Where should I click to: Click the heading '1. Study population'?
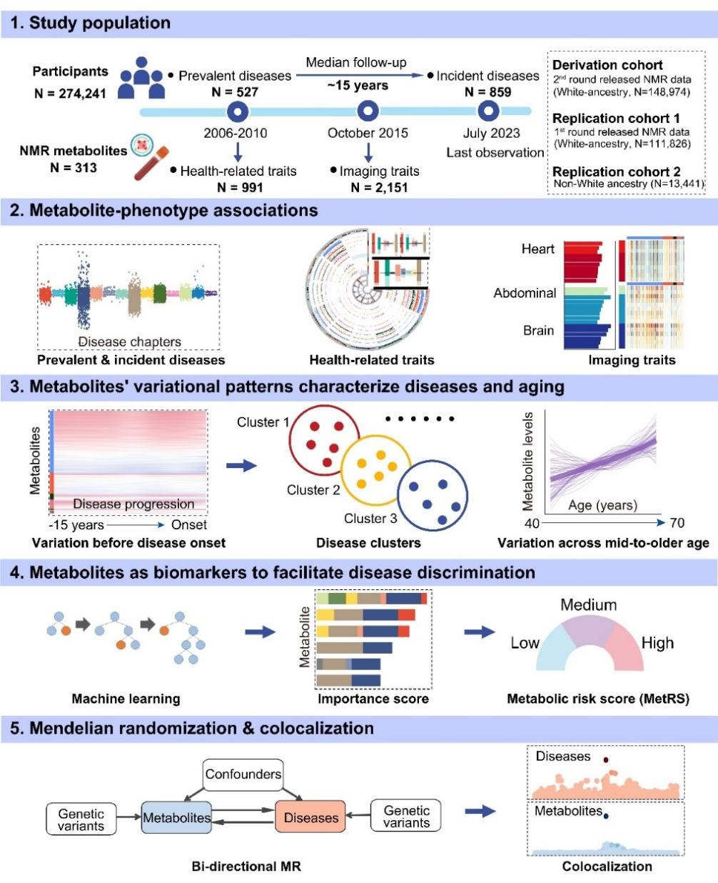(x=91, y=23)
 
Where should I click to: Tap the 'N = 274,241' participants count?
(x=70, y=93)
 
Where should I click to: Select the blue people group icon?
(x=142, y=78)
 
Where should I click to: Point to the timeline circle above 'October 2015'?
(x=368, y=111)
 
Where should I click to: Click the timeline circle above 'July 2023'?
(x=489, y=111)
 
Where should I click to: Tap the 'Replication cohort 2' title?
(x=617, y=171)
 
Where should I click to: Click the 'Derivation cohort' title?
(x=607, y=65)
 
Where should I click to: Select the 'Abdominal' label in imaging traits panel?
(x=525, y=293)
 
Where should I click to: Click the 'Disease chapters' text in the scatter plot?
(x=129, y=341)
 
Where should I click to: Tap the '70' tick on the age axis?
(x=677, y=523)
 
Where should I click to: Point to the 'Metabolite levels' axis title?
(x=529, y=461)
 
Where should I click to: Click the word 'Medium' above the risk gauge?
(x=588, y=605)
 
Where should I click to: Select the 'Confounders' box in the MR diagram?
(x=243, y=774)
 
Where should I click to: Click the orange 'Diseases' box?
(x=310, y=817)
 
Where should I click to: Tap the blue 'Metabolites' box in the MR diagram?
(x=176, y=817)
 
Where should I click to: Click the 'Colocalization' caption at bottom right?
(x=607, y=866)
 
